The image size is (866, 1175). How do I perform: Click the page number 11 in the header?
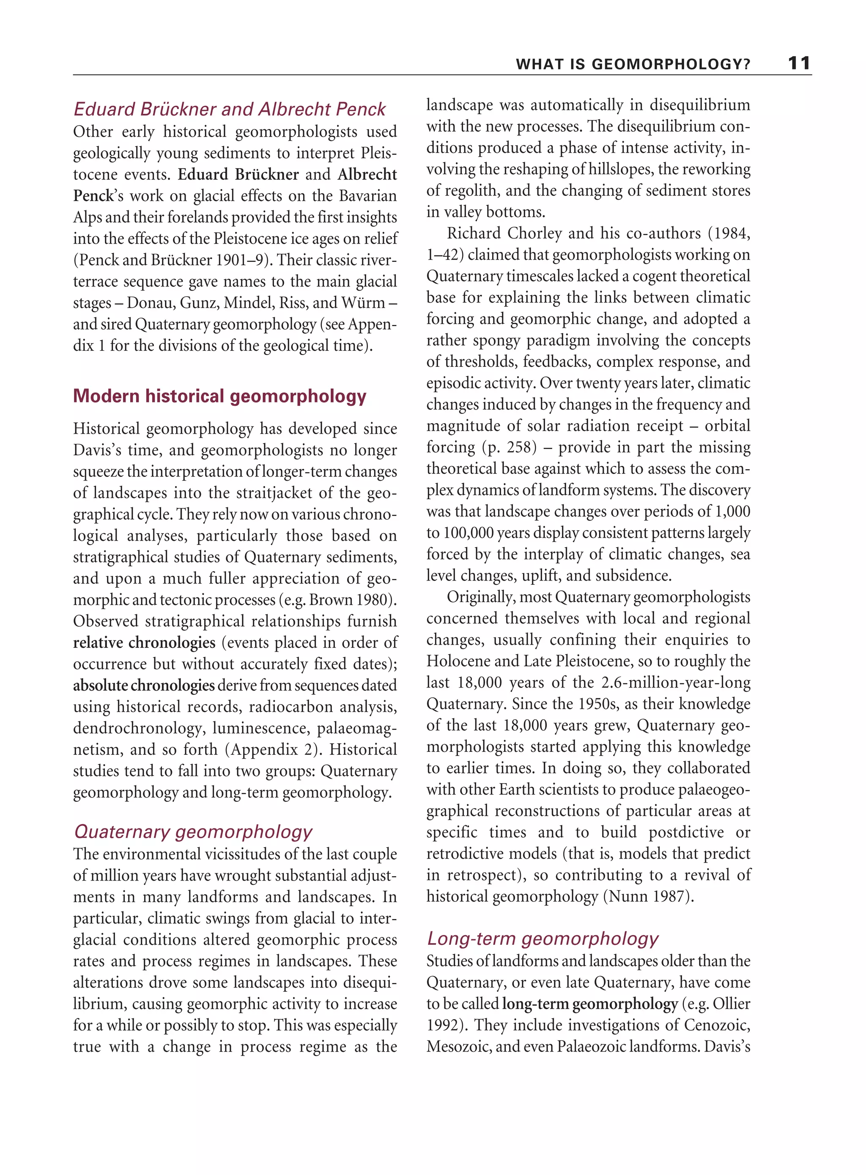(x=799, y=63)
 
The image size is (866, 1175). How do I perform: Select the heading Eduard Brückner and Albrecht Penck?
(x=230, y=109)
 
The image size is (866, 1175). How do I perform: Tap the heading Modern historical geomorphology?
(x=219, y=396)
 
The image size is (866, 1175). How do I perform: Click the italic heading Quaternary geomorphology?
(x=193, y=831)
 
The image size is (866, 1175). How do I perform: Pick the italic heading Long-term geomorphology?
(x=543, y=938)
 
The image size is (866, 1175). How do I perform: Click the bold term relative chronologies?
(x=144, y=643)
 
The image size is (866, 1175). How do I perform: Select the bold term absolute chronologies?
(x=144, y=685)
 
